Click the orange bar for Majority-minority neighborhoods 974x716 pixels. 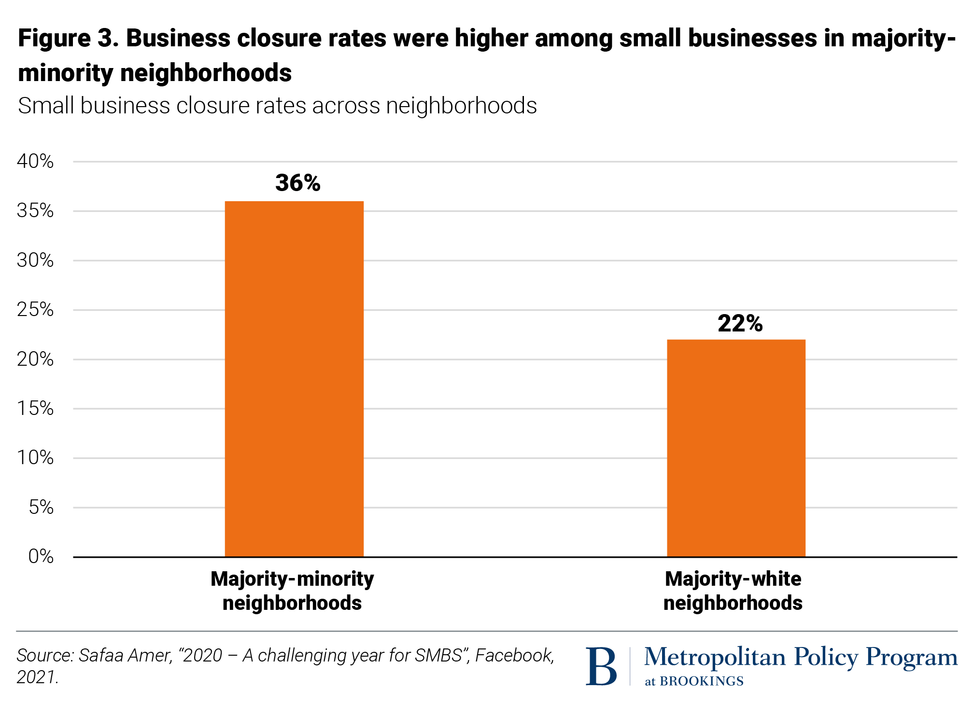pos(294,379)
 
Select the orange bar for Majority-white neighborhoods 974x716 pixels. pos(736,448)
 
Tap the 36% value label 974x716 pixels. pos(297,183)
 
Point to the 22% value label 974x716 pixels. pos(740,323)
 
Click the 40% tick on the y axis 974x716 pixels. pos(35,161)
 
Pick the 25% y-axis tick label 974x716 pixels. pos(35,309)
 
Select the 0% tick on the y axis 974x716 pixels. pos(41,556)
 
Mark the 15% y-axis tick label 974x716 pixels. pos(35,408)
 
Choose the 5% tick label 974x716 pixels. pos(41,507)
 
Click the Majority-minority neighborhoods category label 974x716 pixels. pos(292,591)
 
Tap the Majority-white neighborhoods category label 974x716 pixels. pos(733,591)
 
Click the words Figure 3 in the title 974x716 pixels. pos(68,38)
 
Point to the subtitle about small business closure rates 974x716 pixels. pos(277,106)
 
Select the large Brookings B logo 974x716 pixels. pos(601,666)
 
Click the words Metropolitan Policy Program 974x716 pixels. pos(801,657)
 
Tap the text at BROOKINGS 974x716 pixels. pos(694,681)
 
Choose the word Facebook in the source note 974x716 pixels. pos(515,655)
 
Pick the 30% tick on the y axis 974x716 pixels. pos(35,260)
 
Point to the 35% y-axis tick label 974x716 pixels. pos(35,211)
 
